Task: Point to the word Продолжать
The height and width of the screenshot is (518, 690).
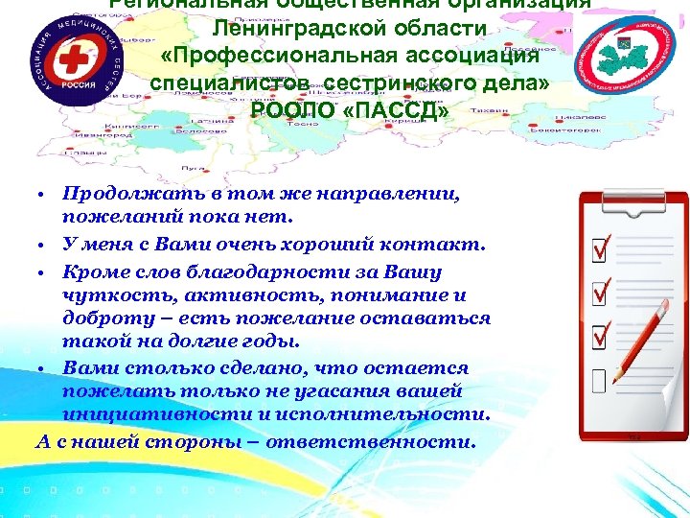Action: pyautogui.click(x=123, y=195)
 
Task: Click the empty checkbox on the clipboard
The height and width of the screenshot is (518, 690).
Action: pyautogui.click(x=600, y=383)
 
